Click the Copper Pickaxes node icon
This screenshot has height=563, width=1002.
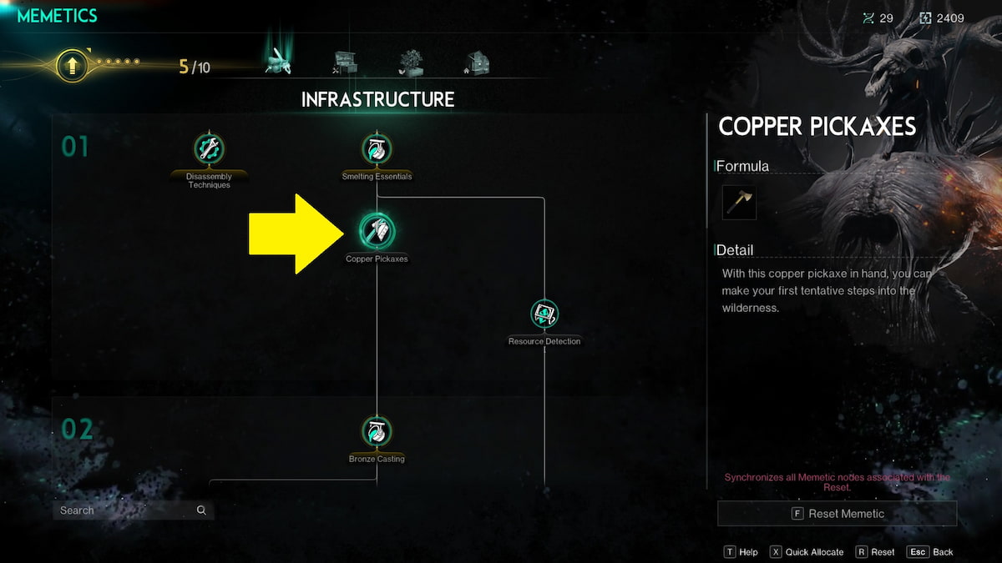377,231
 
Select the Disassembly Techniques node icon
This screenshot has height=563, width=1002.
209,148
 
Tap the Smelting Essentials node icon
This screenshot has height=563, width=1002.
377,148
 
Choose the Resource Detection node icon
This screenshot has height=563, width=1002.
544,314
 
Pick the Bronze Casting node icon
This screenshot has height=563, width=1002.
377,431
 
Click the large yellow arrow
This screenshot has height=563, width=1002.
296,234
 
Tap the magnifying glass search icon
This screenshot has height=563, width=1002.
201,510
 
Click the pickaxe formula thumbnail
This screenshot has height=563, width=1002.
739,203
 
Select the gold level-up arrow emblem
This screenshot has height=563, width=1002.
72,66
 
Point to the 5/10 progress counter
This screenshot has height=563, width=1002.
194,67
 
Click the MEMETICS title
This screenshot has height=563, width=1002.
57,16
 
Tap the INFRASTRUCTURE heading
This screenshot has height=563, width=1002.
377,99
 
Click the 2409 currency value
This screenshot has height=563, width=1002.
949,18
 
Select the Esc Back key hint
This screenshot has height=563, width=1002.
930,552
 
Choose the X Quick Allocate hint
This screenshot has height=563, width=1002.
807,552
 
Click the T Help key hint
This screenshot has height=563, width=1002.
741,552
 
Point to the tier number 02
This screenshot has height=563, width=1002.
77,429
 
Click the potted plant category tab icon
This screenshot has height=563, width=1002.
411,63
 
